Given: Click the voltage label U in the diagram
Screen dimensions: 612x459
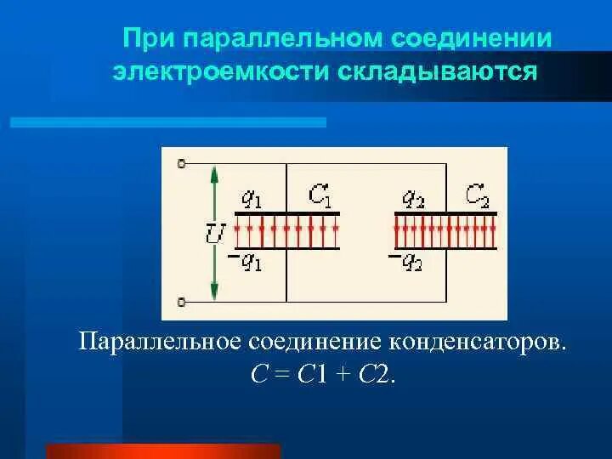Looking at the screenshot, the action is pos(214,232).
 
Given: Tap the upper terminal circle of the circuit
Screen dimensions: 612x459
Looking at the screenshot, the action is pos(181,164).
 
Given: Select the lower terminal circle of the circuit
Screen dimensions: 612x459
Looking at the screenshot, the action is pos(181,300).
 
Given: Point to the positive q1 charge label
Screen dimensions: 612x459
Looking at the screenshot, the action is pos(252,199).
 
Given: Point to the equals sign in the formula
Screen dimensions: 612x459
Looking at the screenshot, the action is pos(285,375).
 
